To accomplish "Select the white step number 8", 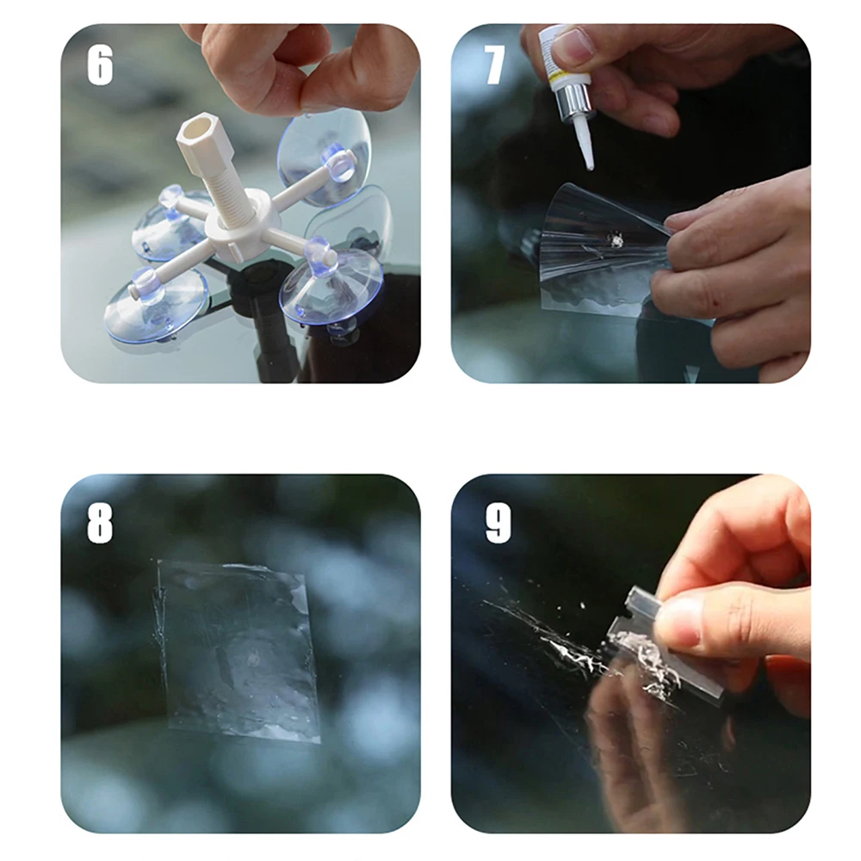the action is (x=100, y=523).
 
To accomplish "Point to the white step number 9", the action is (x=498, y=523).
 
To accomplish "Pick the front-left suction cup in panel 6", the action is (x=157, y=305).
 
